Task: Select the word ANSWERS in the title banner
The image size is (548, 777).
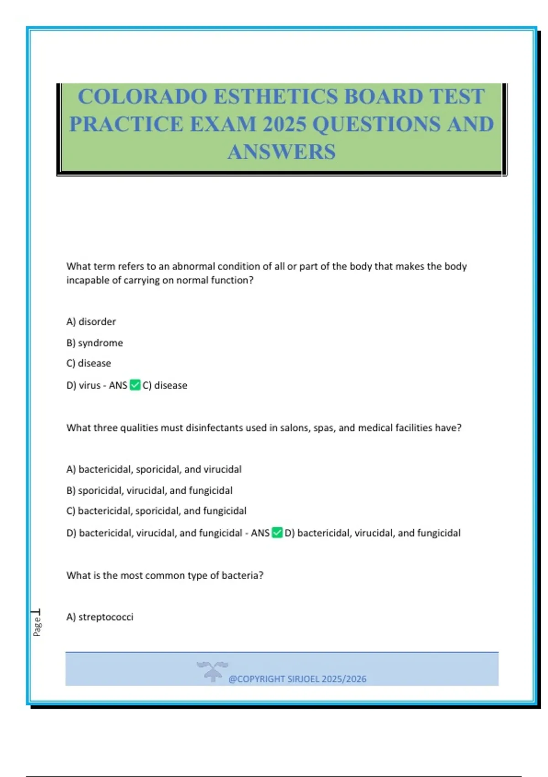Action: [x=281, y=152]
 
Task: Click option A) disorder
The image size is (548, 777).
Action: [x=91, y=322]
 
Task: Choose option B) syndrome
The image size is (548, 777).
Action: [x=95, y=343]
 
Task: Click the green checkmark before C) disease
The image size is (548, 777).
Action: [x=135, y=385]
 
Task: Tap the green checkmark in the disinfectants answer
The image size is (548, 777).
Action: [x=277, y=532]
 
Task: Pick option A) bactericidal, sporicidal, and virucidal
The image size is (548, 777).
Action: [x=154, y=469]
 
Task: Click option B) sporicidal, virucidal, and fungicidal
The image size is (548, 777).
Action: [x=149, y=490]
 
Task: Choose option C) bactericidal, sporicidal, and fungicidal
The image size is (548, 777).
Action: [x=156, y=511]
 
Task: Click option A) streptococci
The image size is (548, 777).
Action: [x=100, y=617]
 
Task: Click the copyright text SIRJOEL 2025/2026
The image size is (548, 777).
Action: [x=297, y=679]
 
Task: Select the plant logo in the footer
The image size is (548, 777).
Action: [x=212, y=671]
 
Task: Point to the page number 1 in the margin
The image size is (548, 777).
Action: [x=36, y=612]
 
